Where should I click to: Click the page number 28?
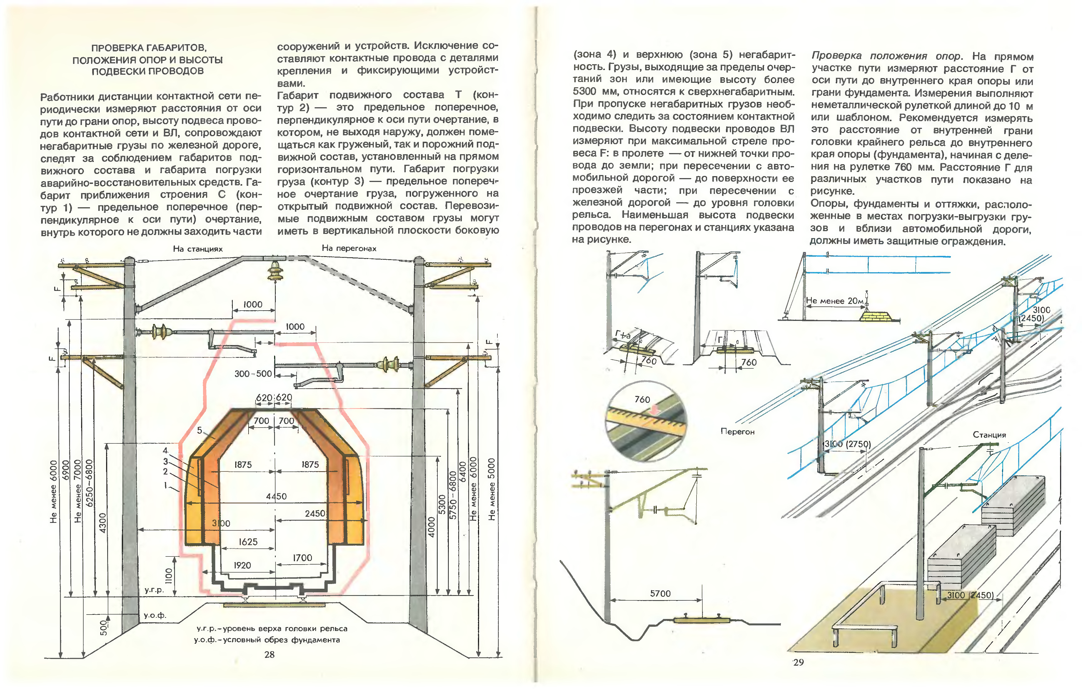point(269,654)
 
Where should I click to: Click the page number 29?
point(798,662)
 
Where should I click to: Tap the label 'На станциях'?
point(198,249)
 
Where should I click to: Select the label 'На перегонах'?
point(349,248)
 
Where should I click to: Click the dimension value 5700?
point(660,594)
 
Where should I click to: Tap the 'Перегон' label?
point(737,431)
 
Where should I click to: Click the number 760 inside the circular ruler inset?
point(642,399)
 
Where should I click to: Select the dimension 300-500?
point(253,373)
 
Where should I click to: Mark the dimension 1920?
point(242,565)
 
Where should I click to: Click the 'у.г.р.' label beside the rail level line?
point(154,590)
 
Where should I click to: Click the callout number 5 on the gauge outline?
point(199,430)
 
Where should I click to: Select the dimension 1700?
point(302,558)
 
